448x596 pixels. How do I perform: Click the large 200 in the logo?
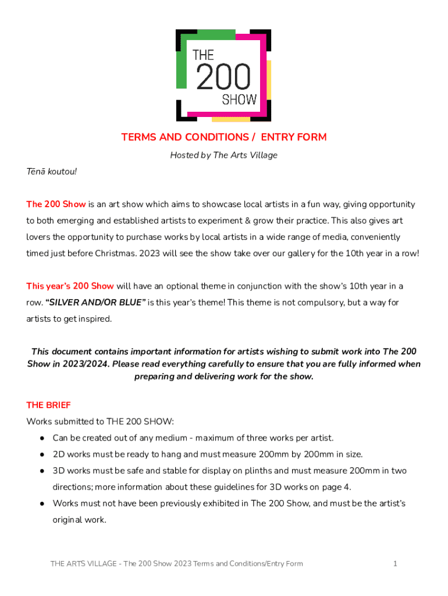click(x=224, y=77)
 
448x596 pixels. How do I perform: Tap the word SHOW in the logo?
click(x=239, y=100)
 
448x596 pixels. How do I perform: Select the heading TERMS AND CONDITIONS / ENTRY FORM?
click(x=224, y=137)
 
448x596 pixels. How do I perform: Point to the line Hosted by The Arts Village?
click(x=224, y=155)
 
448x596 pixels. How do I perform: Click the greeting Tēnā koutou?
click(x=52, y=172)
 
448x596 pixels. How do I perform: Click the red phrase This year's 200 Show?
click(x=70, y=286)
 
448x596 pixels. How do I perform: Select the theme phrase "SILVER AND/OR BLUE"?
click(x=95, y=303)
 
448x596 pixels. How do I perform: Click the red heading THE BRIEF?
click(x=48, y=405)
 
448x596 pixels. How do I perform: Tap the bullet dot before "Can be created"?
click(x=42, y=438)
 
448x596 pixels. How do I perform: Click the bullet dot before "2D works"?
click(x=42, y=454)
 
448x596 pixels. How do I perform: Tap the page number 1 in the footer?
click(x=395, y=563)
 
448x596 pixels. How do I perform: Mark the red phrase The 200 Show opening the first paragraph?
click(x=56, y=204)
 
